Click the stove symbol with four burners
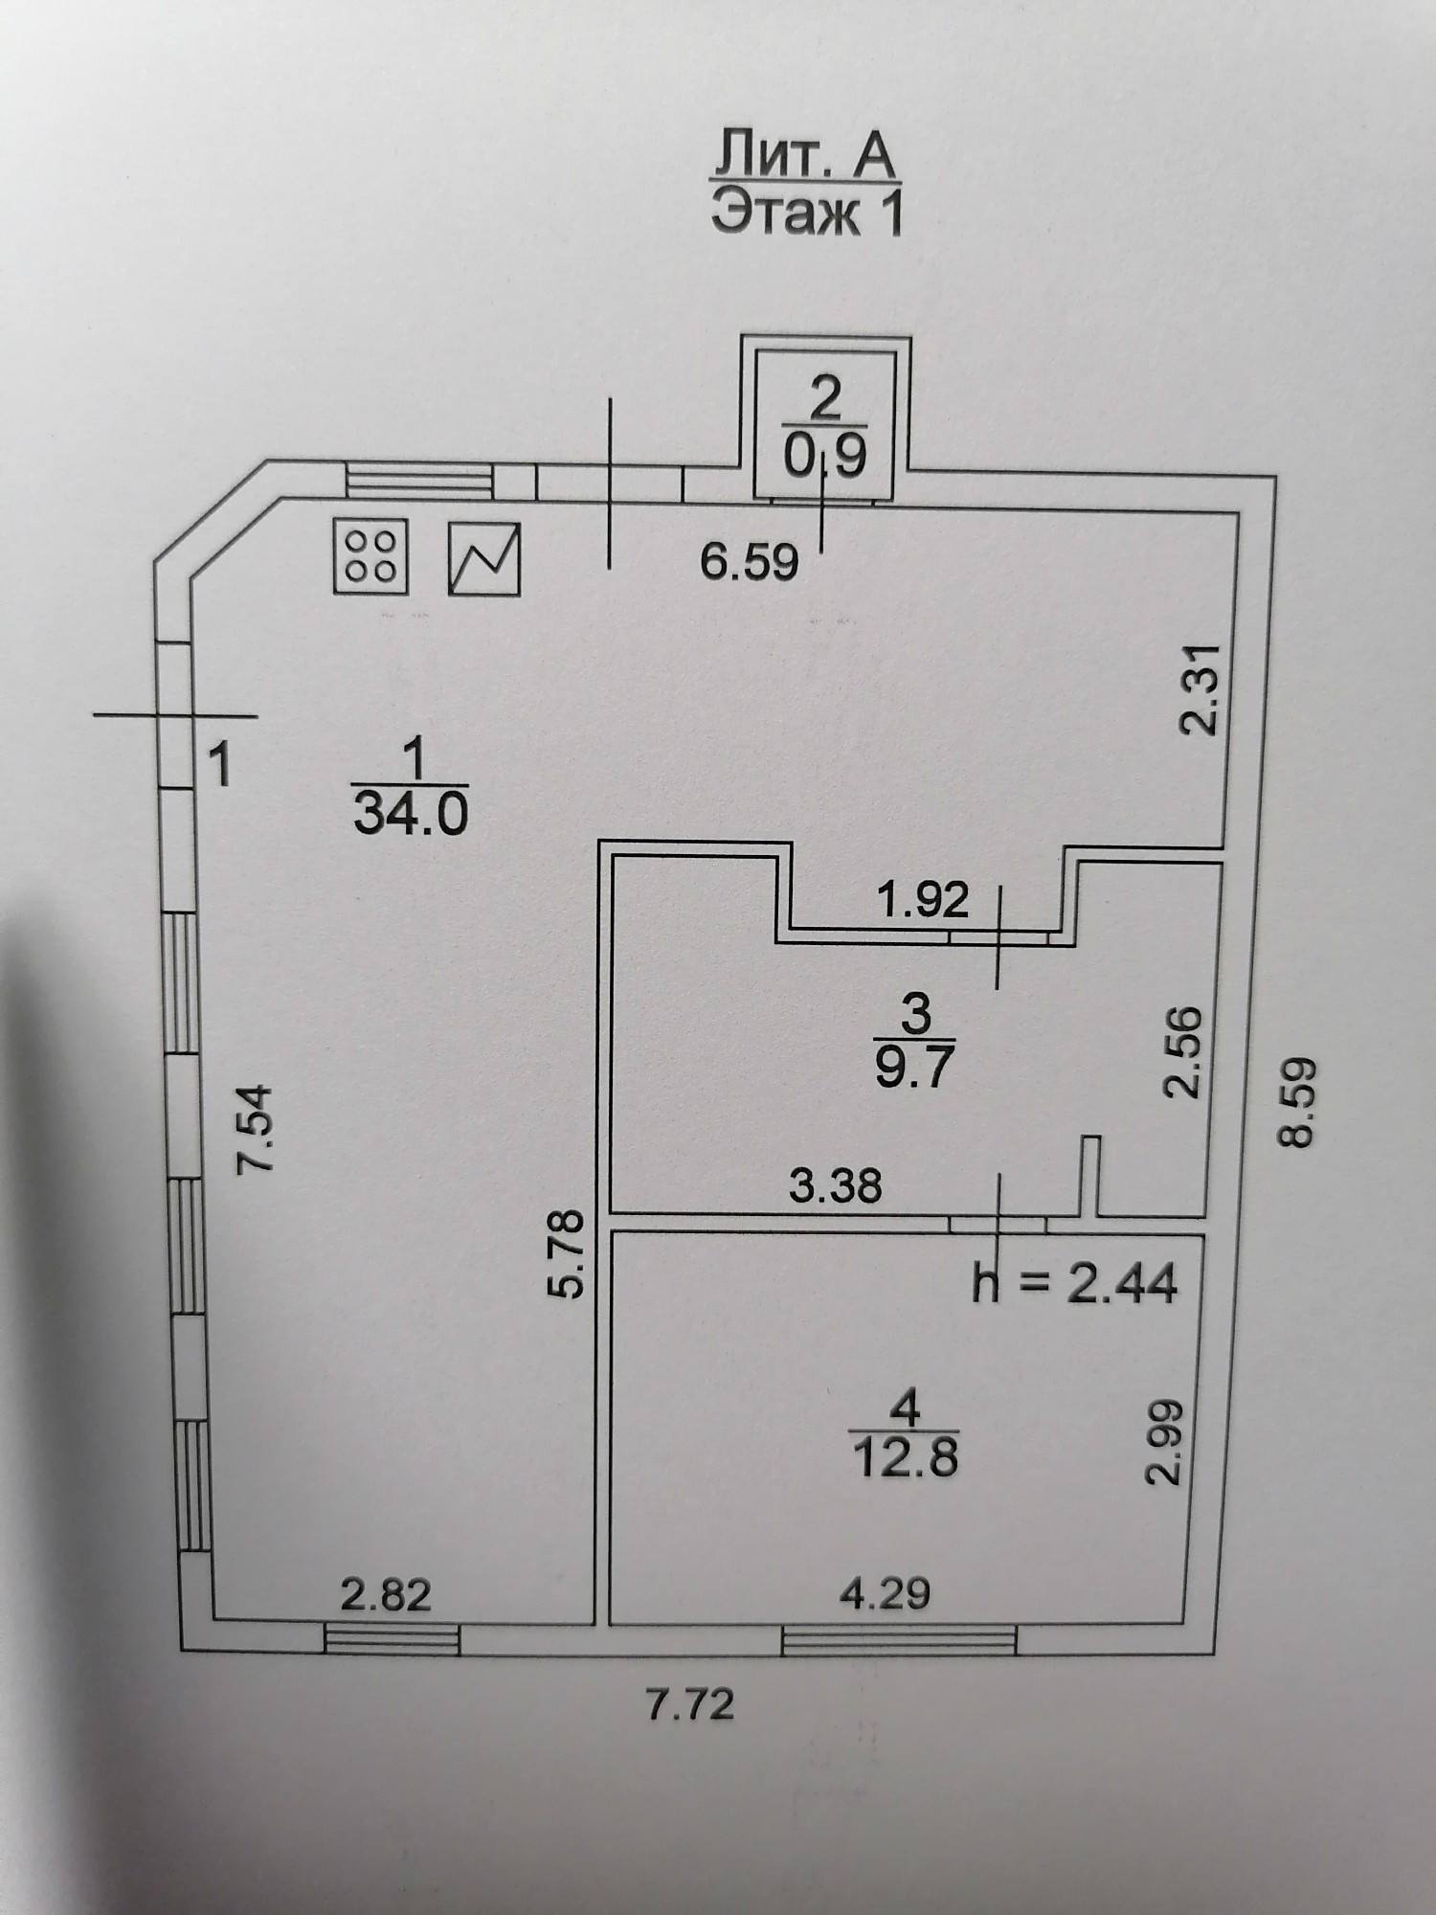click(371, 555)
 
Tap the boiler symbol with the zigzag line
click(484, 558)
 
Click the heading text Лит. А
click(803, 159)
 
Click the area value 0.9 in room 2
click(825, 458)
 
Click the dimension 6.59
click(750, 563)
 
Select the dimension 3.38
click(835, 1187)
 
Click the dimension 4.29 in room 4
click(886, 1594)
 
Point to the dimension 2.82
click(387, 1595)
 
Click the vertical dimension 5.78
click(568, 1253)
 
